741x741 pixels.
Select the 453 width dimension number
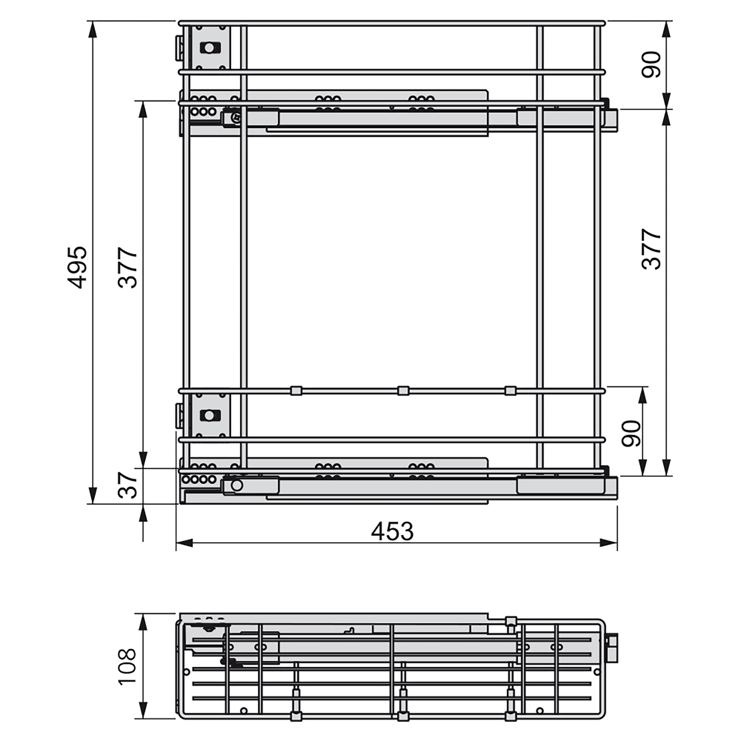[x=392, y=532]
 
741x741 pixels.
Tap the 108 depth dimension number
[x=127, y=667]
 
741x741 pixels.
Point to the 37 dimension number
[x=128, y=485]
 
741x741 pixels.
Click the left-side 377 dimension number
[x=128, y=268]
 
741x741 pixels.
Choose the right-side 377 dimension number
[x=652, y=249]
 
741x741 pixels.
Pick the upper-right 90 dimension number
[x=652, y=65]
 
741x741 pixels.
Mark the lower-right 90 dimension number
[x=631, y=434]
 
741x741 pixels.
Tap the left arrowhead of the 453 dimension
[x=185, y=543]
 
